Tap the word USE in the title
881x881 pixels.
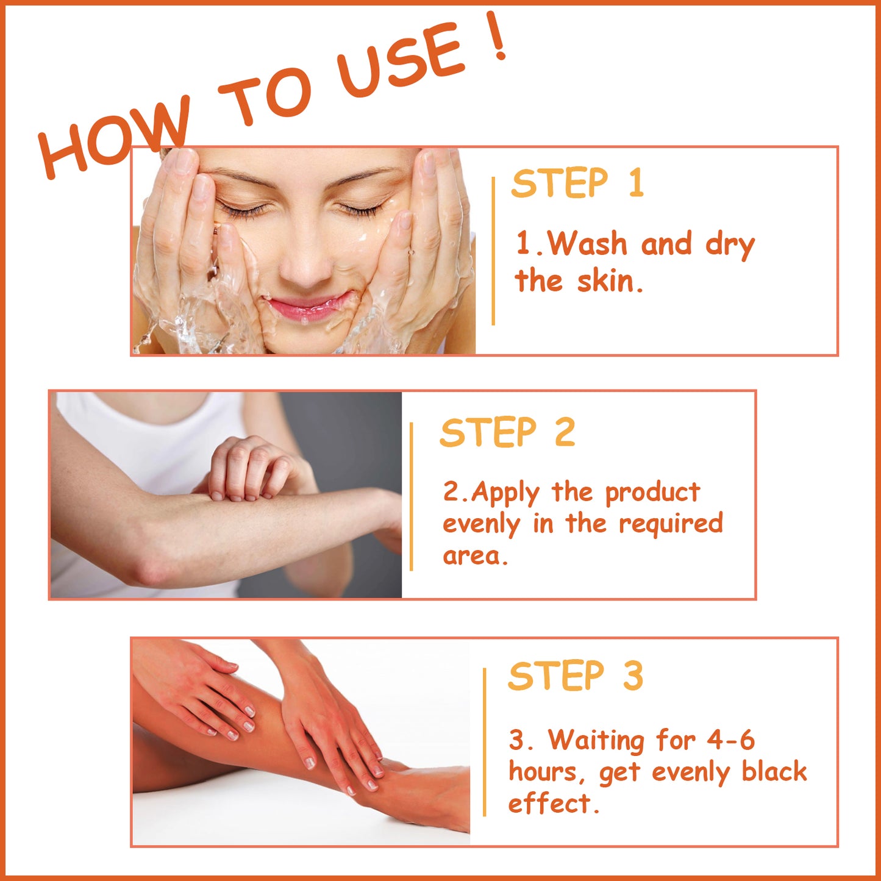(399, 64)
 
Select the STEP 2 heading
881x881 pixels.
(507, 433)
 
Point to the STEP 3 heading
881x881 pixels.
(576, 676)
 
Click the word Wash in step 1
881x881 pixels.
(587, 244)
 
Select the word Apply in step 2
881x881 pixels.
(505, 493)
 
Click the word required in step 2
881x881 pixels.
(671, 524)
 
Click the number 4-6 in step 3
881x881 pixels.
(730, 741)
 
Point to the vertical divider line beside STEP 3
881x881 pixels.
(485, 741)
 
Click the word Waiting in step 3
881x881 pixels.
(596, 741)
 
